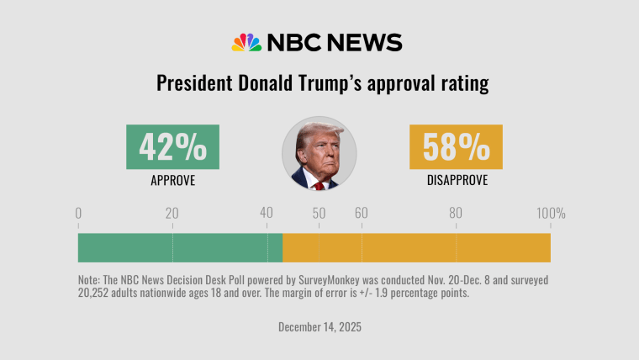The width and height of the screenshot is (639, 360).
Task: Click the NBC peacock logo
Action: tap(247, 43)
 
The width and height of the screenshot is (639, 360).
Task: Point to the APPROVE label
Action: tap(172, 180)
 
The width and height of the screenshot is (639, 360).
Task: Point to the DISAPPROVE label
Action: tap(456, 180)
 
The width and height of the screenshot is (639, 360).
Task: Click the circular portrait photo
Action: tap(319, 153)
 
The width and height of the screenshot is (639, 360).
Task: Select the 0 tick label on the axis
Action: tap(78, 214)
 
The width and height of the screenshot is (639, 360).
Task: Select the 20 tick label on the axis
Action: tap(172, 214)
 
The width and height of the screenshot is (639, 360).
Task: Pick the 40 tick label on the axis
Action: tap(267, 214)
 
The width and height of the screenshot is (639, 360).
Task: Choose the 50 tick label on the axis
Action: tap(319, 214)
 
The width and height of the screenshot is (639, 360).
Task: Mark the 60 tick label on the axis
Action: tap(361, 214)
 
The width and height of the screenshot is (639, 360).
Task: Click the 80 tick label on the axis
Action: tap(455, 214)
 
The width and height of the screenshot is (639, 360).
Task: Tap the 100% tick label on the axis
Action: tap(551, 214)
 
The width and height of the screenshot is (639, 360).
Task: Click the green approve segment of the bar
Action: tap(180, 247)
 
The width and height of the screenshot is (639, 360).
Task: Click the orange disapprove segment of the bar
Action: tap(416, 247)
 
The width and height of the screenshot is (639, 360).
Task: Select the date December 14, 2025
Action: tap(319, 326)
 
